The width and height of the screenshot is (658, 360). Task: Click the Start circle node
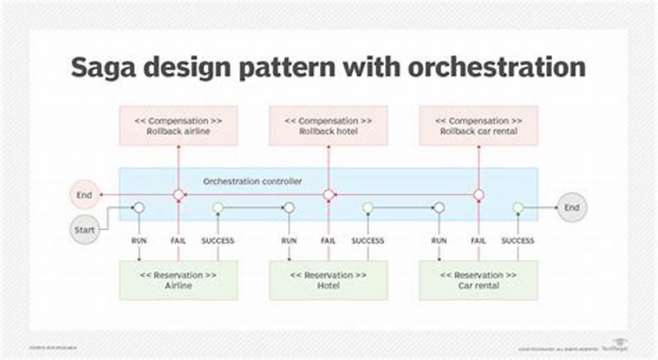pos(84,229)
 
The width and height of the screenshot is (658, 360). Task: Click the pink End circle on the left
pos(83,196)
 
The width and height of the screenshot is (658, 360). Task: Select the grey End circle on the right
pos(572,208)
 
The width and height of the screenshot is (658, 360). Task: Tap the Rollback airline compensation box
pos(178,126)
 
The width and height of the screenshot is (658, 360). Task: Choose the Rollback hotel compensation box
pos(328,126)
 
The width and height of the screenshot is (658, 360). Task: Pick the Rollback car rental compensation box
pos(479,126)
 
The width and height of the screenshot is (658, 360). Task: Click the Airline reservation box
pos(178,281)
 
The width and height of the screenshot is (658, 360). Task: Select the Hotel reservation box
pos(328,281)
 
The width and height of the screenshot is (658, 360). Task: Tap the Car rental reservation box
pos(479,281)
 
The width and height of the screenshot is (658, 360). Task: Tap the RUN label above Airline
pos(139,241)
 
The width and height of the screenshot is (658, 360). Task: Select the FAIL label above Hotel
pos(328,241)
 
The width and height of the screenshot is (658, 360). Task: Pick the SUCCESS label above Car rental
pos(517,241)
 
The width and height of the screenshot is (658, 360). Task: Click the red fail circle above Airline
pos(178,196)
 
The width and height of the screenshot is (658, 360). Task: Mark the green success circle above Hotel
pos(368,208)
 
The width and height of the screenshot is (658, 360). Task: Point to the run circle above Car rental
pos(439,208)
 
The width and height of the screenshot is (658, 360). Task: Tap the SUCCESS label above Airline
pos(217,241)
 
